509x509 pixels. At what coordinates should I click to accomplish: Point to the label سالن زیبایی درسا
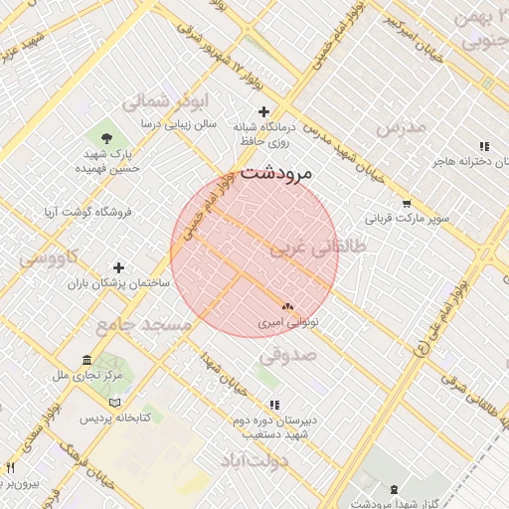pyautogui.click(x=179, y=125)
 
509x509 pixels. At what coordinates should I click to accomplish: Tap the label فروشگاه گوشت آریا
pyautogui.click(x=87, y=212)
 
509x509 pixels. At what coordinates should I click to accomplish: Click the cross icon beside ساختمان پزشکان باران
pyautogui.click(x=119, y=267)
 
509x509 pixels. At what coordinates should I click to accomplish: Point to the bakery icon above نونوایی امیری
pyautogui.click(x=288, y=307)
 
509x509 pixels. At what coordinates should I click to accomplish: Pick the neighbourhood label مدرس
pyautogui.click(x=401, y=126)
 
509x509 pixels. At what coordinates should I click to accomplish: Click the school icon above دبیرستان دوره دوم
pyautogui.click(x=274, y=404)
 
